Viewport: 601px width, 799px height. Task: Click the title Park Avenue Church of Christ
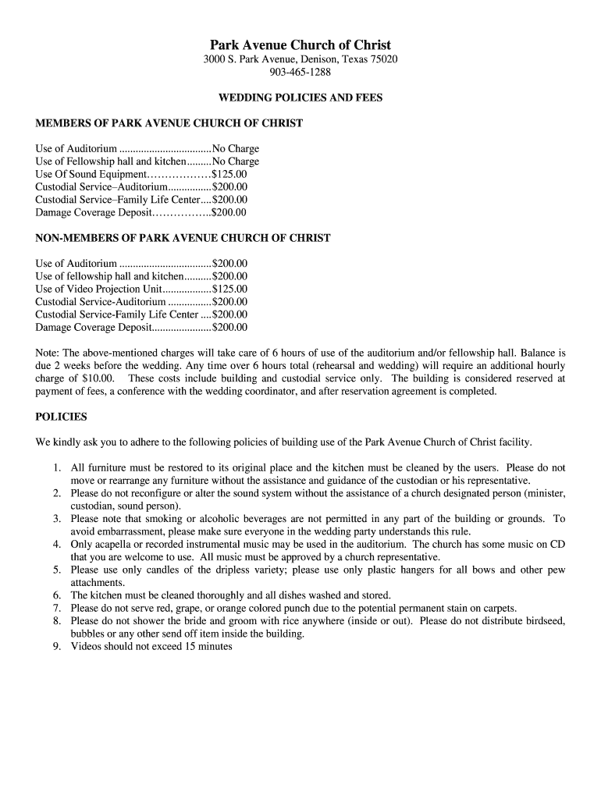(x=300, y=44)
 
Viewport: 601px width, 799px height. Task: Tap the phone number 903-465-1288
(x=300, y=73)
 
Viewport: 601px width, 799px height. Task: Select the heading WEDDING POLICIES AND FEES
(x=300, y=98)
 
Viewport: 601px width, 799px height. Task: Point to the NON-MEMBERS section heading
(x=183, y=238)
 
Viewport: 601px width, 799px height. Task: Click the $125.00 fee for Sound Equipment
(x=229, y=174)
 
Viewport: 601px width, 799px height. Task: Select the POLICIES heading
(x=62, y=417)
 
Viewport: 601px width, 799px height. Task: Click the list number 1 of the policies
(x=57, y=467)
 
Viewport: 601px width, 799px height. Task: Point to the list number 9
(x=57, y=646)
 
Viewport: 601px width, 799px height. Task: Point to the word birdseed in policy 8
(x=544, y=621)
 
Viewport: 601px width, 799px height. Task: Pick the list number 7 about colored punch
(x=57, y=608)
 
